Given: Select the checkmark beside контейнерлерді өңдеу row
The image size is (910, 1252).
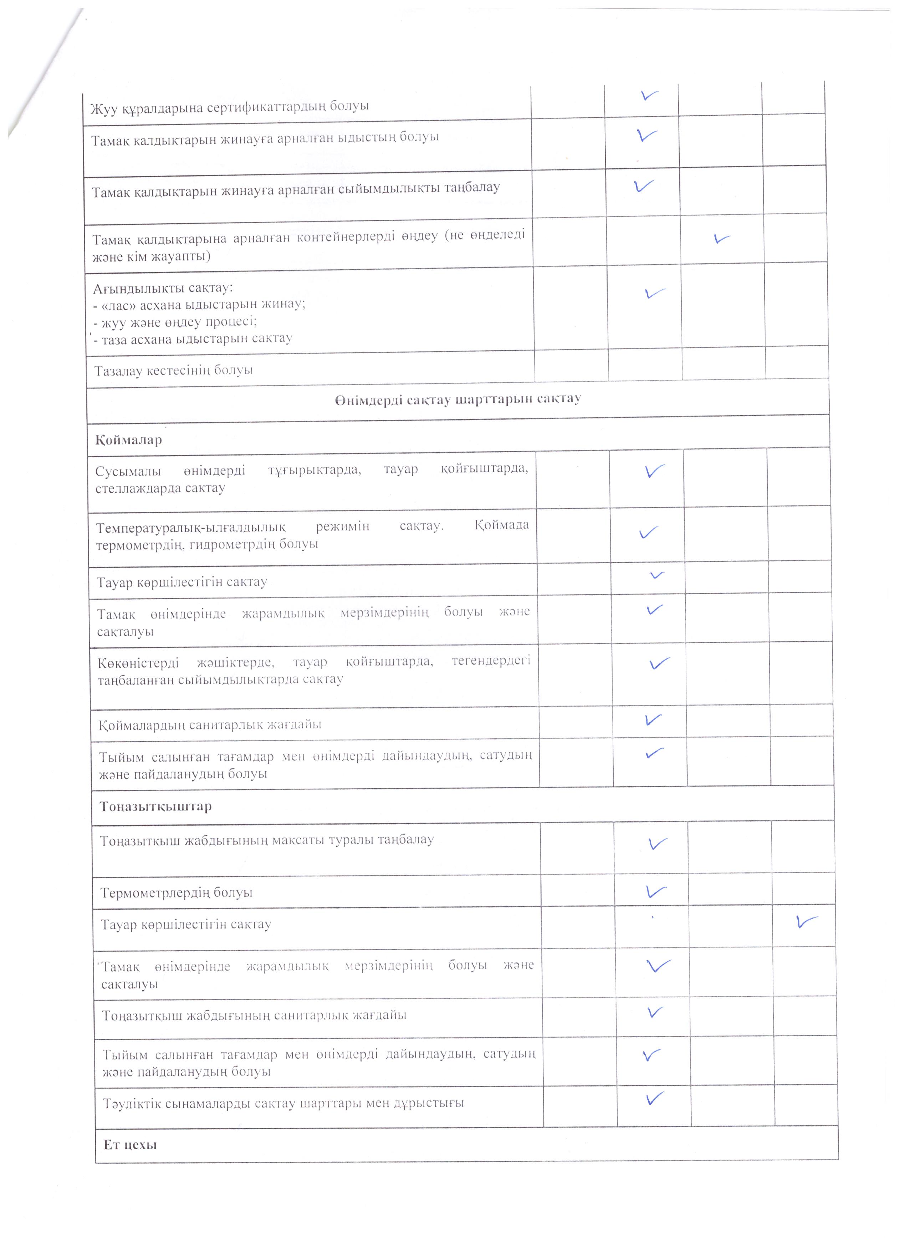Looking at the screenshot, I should coord(721,239).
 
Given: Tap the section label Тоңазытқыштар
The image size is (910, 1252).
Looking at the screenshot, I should coord(155,806).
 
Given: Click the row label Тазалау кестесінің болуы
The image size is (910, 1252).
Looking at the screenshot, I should coord(173,370).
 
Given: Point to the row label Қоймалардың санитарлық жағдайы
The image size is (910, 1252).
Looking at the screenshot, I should coord(210,724).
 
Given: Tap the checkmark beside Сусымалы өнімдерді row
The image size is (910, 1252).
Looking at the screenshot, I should coord(654,471).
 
